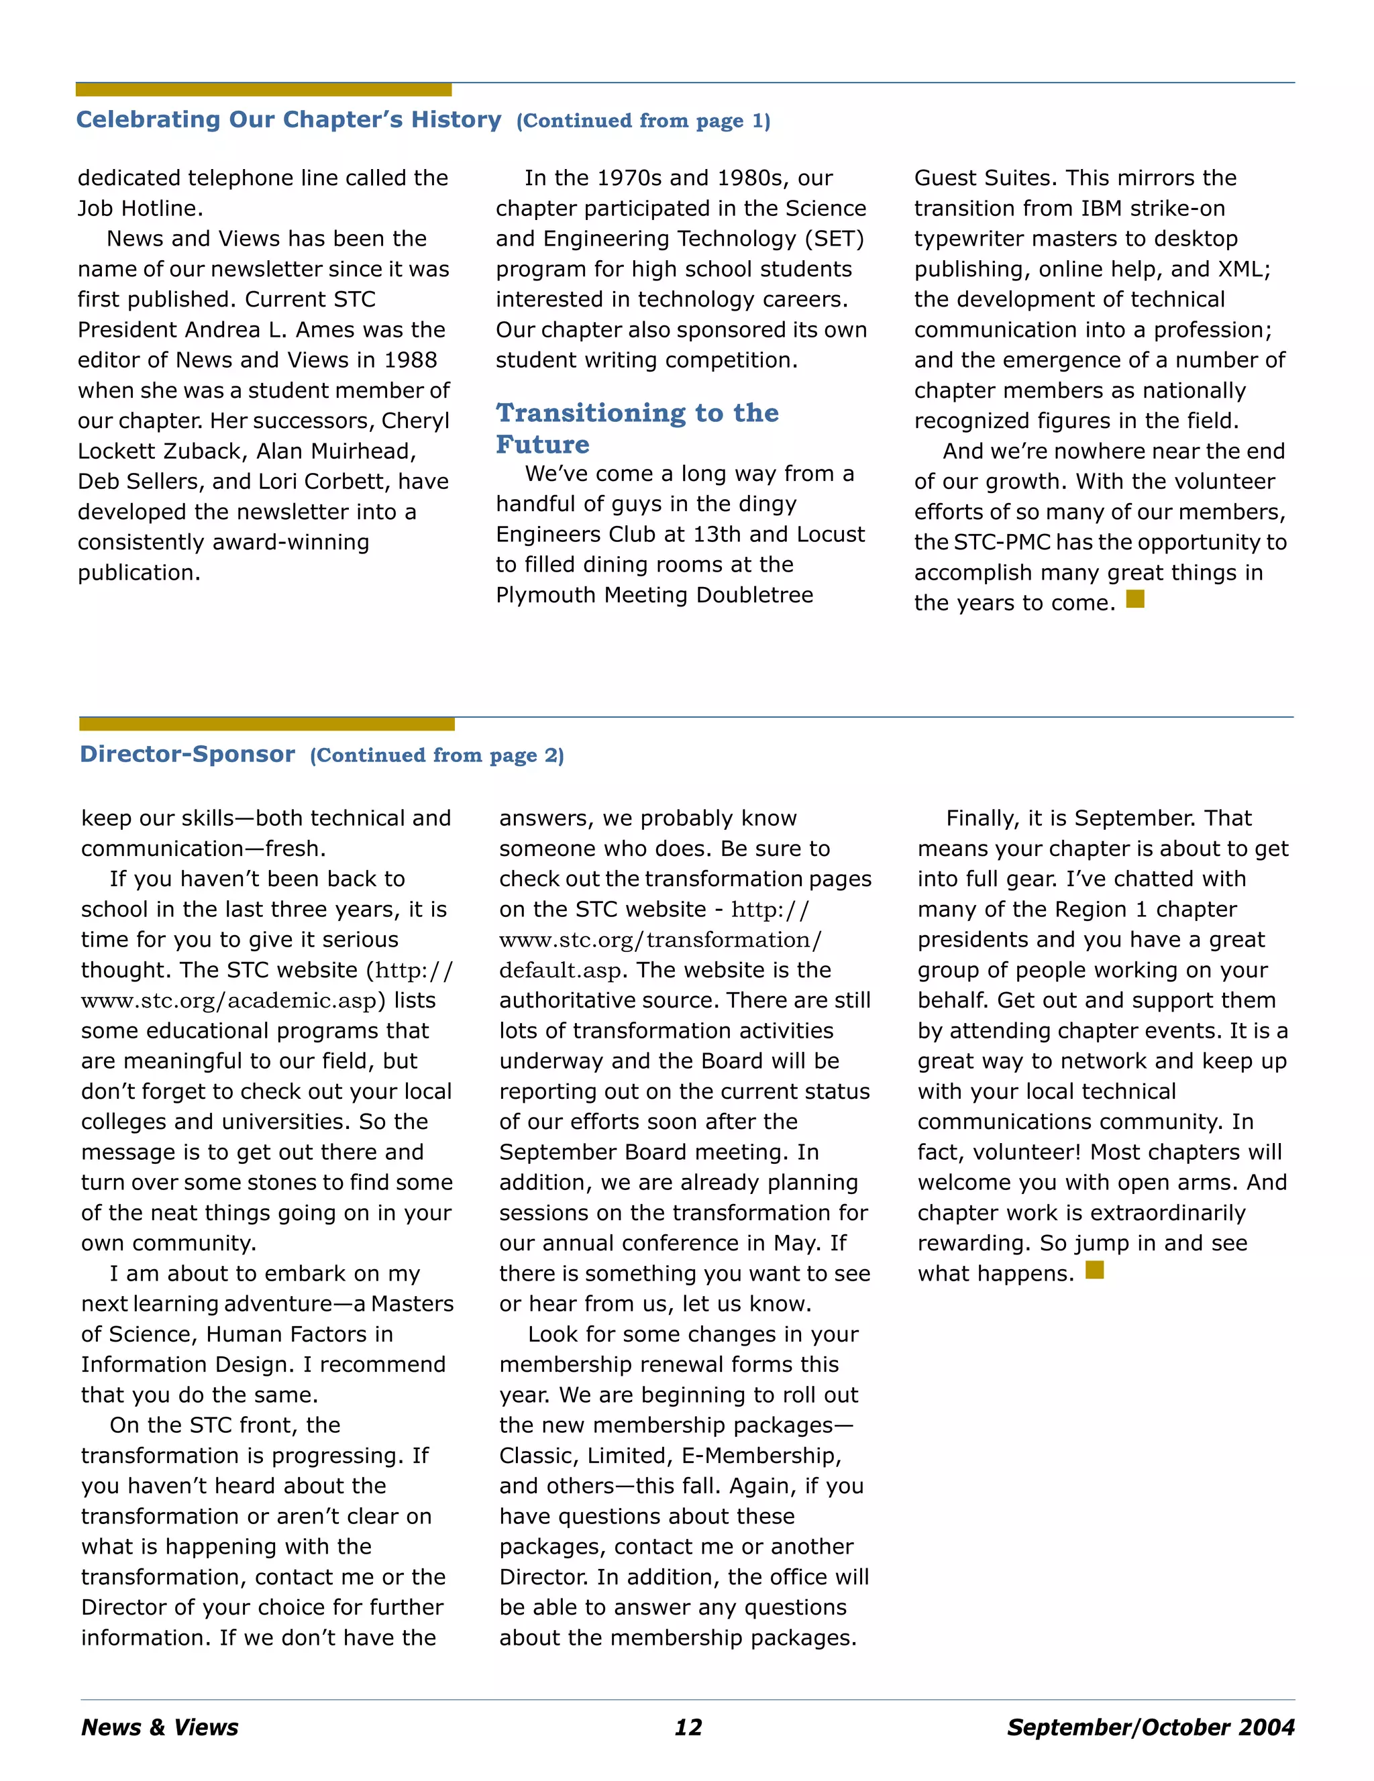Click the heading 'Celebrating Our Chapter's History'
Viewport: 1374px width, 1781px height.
click(x=288, y=120)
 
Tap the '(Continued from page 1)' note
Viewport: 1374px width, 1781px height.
click(x=643, y=121)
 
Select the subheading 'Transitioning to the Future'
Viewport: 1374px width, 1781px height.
click(x=637, y=428)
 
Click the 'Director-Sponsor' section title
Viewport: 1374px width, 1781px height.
click(x=188, y=754)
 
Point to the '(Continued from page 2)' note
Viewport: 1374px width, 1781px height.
click(x=436, y=756)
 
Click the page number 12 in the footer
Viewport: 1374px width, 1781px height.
click(x=688, y=1727)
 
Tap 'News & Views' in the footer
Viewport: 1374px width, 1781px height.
click(x=160, y=1727)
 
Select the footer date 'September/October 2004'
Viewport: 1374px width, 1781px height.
click(x=1150, y=1727)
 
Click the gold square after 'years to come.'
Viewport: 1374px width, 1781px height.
click(x=1135, y=600)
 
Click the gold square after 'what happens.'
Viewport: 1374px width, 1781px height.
click(x=1094, y=1270)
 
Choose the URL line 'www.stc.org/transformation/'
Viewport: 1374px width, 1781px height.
click(x=660, y=940)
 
